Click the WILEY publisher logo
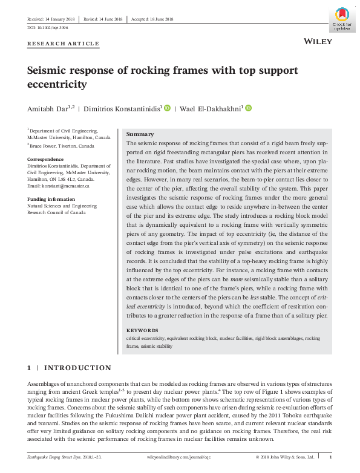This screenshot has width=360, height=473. pyautogui.click(x=315, y=41)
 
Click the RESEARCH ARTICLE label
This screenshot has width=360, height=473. pyautogui.click(x=63, y=45)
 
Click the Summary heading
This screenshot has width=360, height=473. pyautogui.click(x=139, y=134)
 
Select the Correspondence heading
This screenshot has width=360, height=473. pyautogui.click(x=45, y=158)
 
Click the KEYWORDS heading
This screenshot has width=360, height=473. pyautogui.click(x=142, y=331)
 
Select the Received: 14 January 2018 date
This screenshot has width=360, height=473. pyautogui.click(x=51, y=19)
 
